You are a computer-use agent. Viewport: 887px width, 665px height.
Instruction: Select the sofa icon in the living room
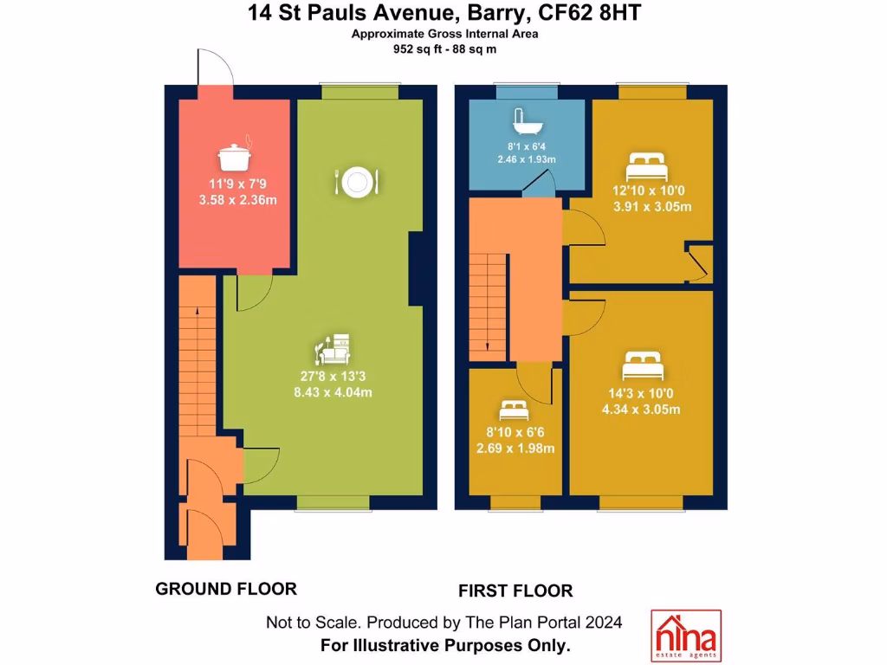[x=333, y=348]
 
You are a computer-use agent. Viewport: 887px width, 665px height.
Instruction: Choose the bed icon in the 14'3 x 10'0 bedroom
[x=644, y=366]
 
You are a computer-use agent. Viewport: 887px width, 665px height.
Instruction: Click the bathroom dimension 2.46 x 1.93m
[x=526, y=159]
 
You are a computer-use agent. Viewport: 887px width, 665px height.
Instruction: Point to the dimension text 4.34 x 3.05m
[x=641, y=410]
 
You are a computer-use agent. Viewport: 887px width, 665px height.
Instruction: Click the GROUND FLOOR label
[x=226, y=590]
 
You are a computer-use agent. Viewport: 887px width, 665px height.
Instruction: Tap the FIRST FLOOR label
[x=515, y=591]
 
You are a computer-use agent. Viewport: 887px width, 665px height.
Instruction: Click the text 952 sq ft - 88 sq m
[x=443, y=49]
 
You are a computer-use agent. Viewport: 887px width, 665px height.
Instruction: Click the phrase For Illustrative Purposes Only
[x=445, y=645]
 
